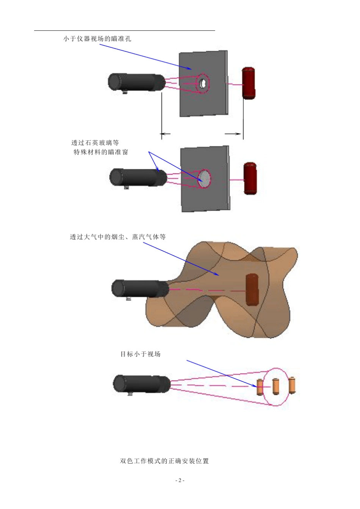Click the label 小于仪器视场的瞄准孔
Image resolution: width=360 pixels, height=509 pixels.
[x=97, y=39]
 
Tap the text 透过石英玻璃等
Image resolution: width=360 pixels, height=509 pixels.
[x=95, y=143]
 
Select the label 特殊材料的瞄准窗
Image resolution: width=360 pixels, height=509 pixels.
[x=101, y=152]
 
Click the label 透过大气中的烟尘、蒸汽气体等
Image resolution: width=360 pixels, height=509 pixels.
[x=118, y=237]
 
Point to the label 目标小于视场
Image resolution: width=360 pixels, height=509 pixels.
[x=140, y=354]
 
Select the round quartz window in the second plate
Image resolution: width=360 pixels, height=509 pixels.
[x=204, y=179]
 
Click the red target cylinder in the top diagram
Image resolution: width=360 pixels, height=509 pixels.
[x=249, y=83]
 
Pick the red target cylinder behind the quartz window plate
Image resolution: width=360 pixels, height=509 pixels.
[x=250, y=178]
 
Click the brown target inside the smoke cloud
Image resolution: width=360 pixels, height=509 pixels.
[x=252, y=289]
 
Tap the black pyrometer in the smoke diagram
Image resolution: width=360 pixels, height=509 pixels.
[x=140, y=289]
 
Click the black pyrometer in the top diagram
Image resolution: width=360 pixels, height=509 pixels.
[x=137, y=82]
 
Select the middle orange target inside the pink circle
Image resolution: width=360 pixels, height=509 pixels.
[x=275, y=387]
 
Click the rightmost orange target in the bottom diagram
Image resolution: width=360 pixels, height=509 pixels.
[x=292, y=386]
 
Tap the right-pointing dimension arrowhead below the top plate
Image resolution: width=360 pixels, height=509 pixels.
[x=237, y=134]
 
